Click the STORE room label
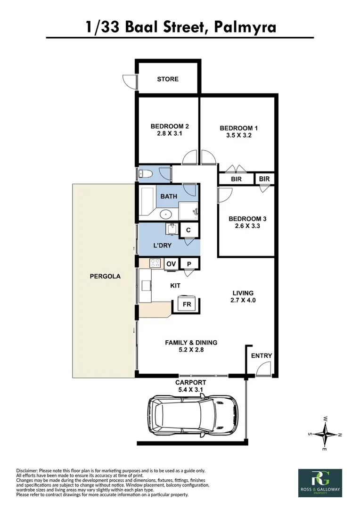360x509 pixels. pos(168,79)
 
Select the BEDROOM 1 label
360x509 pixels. pos(239,128)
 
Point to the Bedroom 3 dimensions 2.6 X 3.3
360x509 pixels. pos(247,226)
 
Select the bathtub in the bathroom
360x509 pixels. pos(147,201)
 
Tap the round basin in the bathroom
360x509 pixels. pos(165,214)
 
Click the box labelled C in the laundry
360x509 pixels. pos(188,230)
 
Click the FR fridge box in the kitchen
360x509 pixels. pos(187,304)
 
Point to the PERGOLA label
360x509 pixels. pos(105,277)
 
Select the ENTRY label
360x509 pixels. pos(261,356)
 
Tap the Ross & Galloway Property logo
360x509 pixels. pos(320,482)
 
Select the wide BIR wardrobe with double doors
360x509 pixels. pos(236,179)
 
